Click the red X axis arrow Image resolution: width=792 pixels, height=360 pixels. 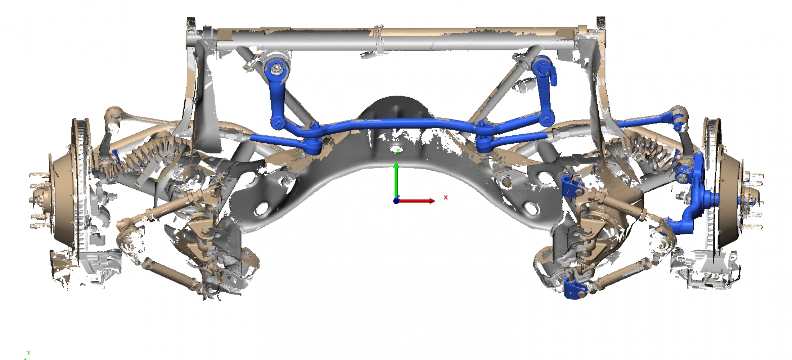tap(418, 201)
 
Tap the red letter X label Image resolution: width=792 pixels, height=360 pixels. tap(446, 198)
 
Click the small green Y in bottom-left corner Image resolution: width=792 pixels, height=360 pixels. tap(28, 353)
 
